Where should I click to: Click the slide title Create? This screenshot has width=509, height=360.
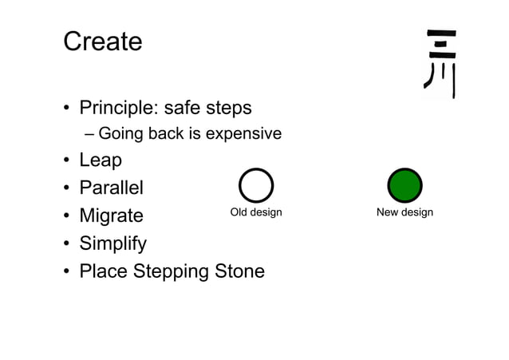tap(102, 42)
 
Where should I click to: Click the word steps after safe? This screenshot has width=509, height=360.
tap(230, 109)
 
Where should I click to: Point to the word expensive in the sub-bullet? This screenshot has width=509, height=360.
tap(243, 134)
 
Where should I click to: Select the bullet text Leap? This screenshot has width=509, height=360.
tap(101, 161)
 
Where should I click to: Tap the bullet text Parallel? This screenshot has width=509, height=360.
tap(111, 188)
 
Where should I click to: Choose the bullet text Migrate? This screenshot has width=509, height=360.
tap(111, 216)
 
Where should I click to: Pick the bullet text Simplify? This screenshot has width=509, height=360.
tap(113, 243)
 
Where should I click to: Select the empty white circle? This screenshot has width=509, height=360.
tap(256, 186)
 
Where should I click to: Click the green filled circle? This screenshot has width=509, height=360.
tap(404, 186)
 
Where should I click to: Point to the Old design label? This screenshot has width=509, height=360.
tap(256, 212)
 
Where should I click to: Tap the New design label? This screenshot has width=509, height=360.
tap(404, 212)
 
